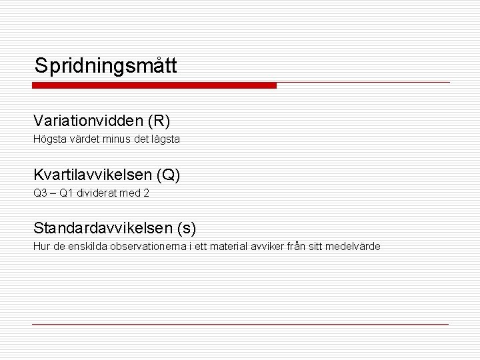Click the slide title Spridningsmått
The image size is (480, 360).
105,65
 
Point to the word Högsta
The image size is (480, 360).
48,140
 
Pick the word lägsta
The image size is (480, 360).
165,140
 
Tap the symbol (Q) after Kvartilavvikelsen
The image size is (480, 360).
168,175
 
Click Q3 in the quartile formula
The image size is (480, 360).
41,193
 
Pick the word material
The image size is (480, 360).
227,247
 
